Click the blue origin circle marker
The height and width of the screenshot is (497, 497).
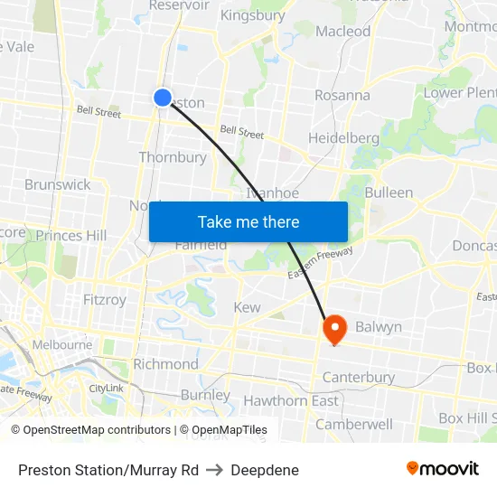pos(163,98)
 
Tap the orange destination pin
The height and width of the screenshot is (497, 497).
pos(334,328)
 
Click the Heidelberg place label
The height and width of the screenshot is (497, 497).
pos(343,137)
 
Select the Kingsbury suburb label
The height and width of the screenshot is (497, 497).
pos(252,15)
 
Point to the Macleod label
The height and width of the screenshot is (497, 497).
pos(343,31)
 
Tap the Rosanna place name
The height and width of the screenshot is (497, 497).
pos(342,95)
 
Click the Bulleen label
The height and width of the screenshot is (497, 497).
pos(389,192)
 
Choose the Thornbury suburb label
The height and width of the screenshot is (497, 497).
pos(173,157)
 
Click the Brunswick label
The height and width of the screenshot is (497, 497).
pos(58,184)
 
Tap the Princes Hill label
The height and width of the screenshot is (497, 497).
pos(71,236)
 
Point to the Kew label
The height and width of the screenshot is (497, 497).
pos(247,307)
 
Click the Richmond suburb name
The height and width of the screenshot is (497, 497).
pos(165,364)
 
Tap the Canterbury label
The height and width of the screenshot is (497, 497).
pos(358,377)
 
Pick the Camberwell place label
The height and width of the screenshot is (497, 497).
pos(354,424)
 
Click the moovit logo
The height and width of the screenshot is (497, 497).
pos(442,468)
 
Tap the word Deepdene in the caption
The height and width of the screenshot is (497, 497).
pos(264,470)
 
